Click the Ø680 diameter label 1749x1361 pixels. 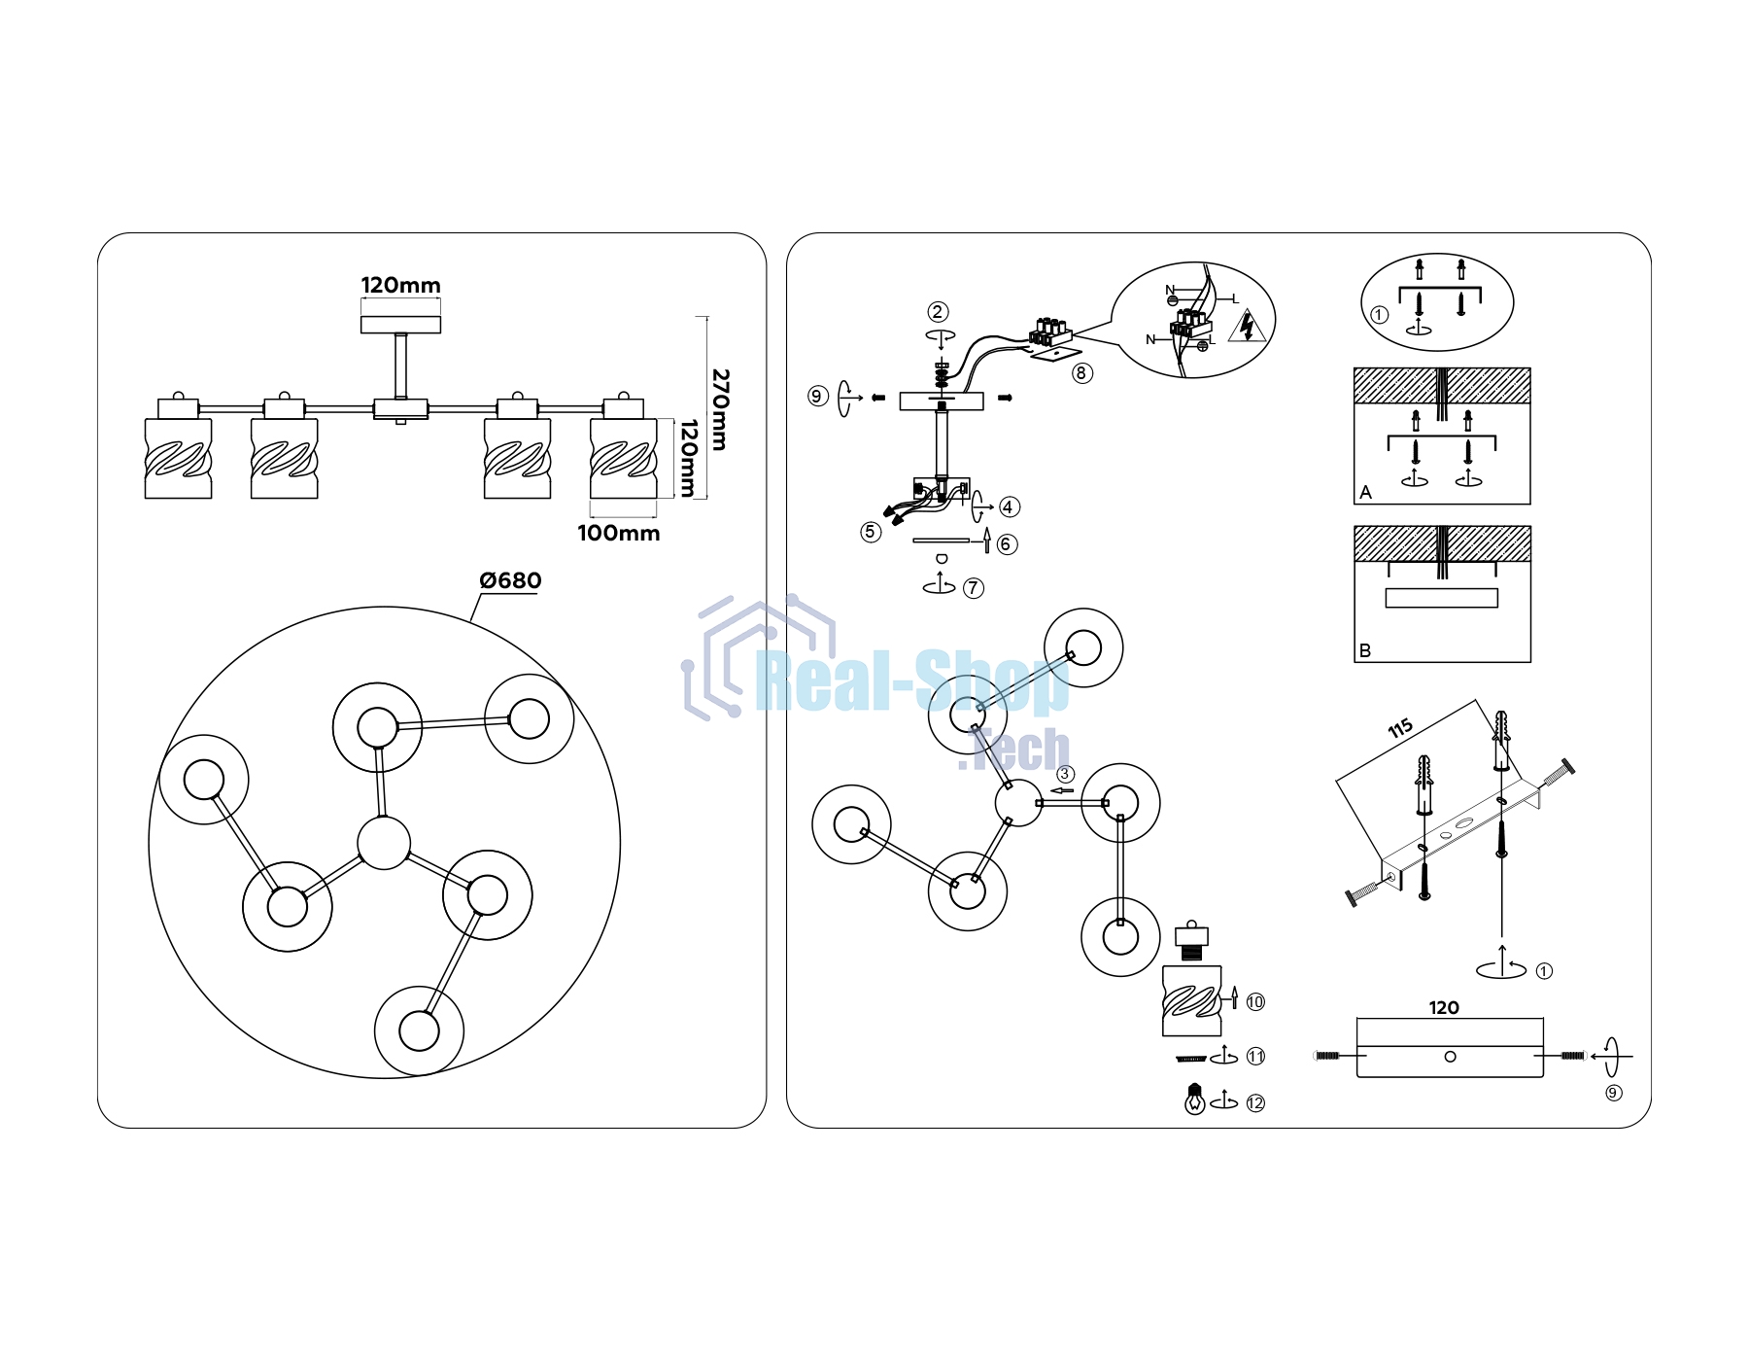point(510,580)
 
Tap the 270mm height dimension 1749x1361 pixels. point(720,409)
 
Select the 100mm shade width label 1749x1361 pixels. point(618,533)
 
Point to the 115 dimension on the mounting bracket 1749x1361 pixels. point(1400,728)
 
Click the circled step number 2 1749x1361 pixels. point(938,311)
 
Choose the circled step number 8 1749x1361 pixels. point(1081,372)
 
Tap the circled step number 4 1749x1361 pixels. point(1009,506)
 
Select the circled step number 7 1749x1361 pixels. point(973,587)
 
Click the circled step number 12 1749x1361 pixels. point(1255,1102)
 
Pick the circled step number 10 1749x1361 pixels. point(1255,1001)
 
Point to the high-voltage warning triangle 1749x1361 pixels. point(1248,327)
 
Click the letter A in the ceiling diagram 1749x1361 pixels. point(1366,492)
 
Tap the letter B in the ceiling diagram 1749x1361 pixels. point(1365,650)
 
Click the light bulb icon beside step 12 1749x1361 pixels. point(1195,1099)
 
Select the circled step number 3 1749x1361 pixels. point(1066,774)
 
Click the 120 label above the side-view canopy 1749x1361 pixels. point(1444,1007)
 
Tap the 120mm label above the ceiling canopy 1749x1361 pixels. point(400,285)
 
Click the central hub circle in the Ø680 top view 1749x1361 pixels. point(384,843)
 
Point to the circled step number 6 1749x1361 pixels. point(1008,543)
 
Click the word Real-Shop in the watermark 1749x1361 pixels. point(912,681)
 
